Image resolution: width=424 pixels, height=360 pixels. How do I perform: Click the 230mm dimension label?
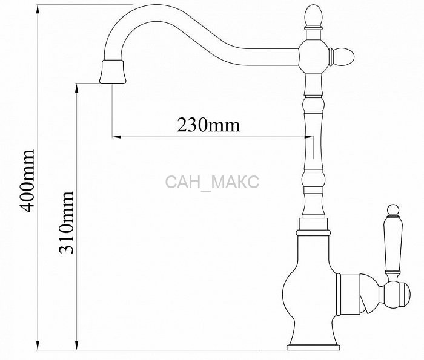[x=208, y=125]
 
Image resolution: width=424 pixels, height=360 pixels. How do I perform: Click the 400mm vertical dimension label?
[x=28, y=182]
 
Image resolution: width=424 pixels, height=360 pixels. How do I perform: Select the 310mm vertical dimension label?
[x=66, y=222]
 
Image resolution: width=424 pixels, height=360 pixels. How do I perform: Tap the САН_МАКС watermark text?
[x=212, y=182]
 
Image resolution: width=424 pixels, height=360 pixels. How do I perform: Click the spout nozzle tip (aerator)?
[x=113, y=72]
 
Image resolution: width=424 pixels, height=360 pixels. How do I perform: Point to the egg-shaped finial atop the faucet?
[x=314, y=16]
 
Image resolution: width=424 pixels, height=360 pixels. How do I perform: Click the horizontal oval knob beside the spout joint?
[x=342, y=56]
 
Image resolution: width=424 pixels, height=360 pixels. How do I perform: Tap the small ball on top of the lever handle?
[x=393, y=210]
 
